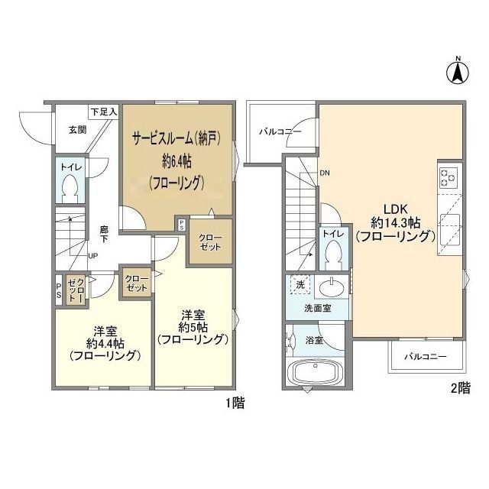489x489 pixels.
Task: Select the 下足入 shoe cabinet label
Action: pos(103,111)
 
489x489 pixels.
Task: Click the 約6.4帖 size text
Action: pos(176,162)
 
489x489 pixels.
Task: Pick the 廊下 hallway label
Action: pos(104,234)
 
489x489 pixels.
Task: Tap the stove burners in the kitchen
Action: pos(448,177)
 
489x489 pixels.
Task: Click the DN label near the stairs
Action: pos(325,172)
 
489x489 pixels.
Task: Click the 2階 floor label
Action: pos(460,387)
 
